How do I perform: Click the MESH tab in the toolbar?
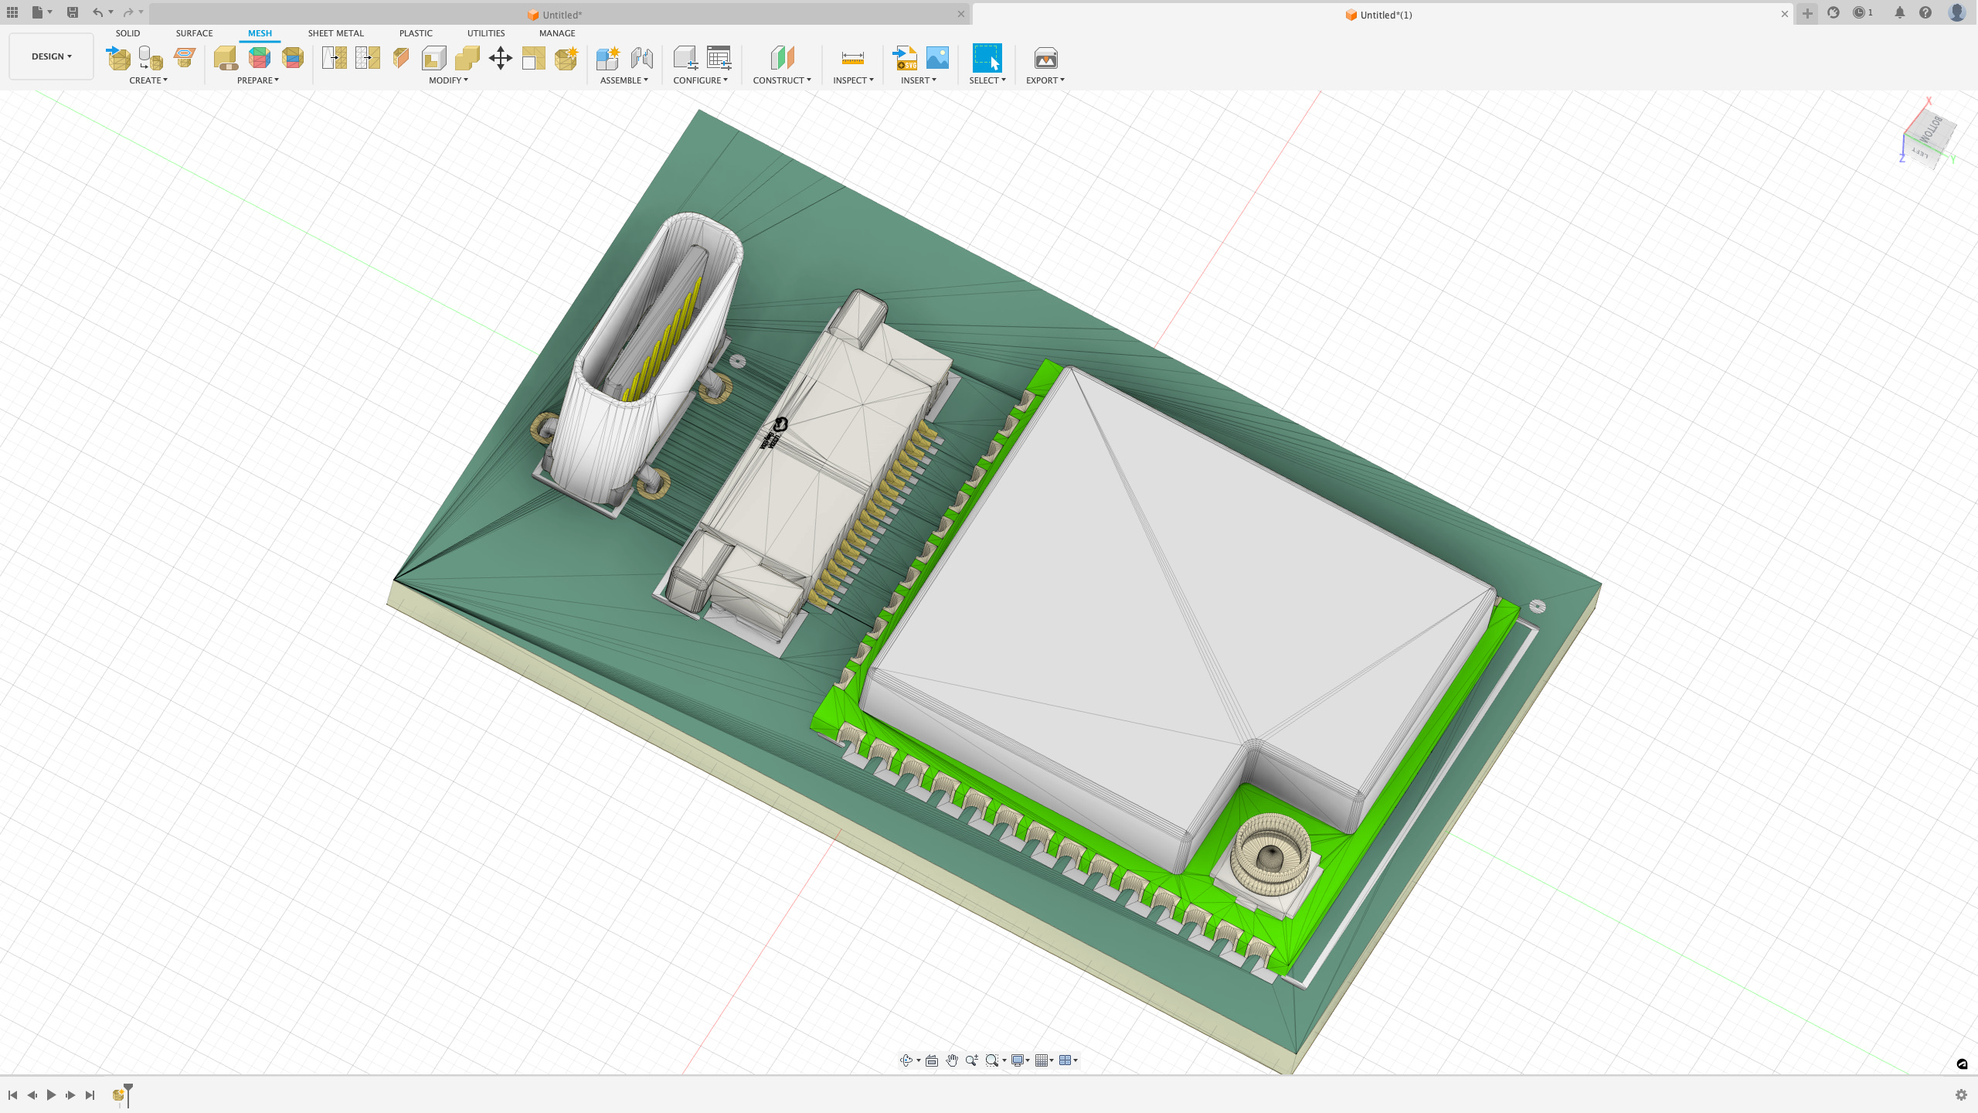pos(260,33)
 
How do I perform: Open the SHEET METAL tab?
pos(335,33)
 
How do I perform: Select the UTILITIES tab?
pos(485,33)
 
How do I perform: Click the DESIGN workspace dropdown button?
pos(51,56)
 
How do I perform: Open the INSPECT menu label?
pos(852,80)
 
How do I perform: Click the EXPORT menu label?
pos(1045,80)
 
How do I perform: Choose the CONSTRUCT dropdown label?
pos(781,80)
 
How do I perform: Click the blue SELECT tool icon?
pos(987,58)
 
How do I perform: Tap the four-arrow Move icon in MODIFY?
pos(501,58)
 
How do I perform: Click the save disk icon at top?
pos(73,12)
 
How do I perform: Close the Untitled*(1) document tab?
pos(1785,14)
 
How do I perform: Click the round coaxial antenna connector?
pos(1270,854)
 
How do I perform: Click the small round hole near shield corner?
pos(1538,607)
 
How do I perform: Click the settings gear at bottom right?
pos(1961,1094)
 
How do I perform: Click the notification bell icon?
pos(1899,12)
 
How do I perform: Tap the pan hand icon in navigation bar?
pos(952,1060)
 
